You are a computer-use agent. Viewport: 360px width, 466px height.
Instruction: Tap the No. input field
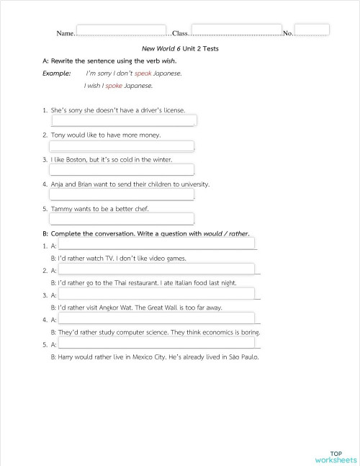pos(312,30)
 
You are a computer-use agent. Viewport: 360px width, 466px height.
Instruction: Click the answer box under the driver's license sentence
pos(122,120)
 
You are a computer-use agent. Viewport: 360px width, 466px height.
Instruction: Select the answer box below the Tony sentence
pos(122,145)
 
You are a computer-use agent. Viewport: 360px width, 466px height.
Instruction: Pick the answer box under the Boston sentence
pos(122,170)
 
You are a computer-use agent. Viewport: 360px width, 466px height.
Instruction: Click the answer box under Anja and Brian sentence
pos(122,194)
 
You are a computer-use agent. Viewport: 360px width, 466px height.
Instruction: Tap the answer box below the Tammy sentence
pos(122,219)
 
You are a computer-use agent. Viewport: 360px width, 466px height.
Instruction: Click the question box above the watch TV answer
pos(156,245)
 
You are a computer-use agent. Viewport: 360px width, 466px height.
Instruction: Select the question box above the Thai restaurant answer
pos(156,269)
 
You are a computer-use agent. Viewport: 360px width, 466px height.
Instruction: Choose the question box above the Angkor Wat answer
pos(156,294)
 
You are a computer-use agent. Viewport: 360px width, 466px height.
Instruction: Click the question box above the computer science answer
pos(156,318)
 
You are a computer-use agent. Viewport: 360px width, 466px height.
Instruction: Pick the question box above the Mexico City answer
pos(156,344)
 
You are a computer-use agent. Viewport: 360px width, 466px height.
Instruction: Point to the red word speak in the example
pos(143,73)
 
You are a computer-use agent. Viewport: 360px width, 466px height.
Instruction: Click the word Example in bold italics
pos(57,73)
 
